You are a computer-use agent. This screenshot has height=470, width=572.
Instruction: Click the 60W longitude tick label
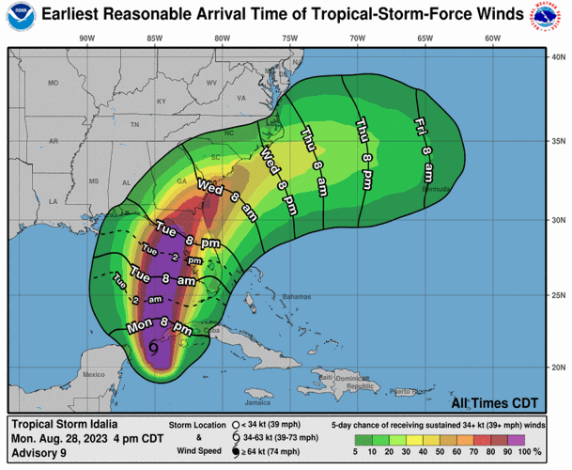coord(491,38)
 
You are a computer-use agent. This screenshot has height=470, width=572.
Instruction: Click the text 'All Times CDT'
coord(494,402)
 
